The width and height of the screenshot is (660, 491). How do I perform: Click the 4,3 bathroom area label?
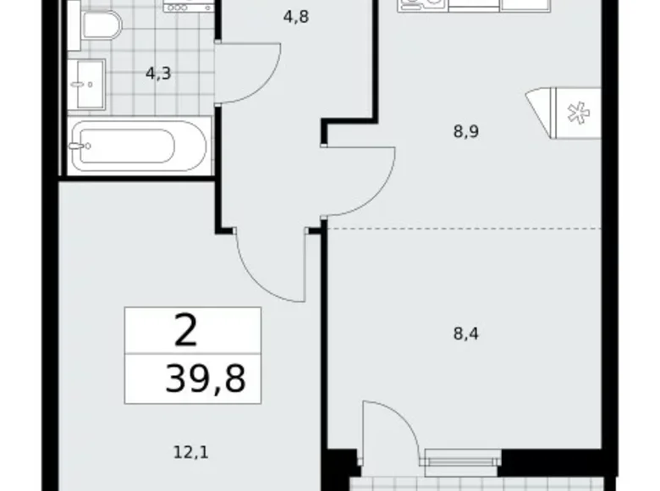[158, 73]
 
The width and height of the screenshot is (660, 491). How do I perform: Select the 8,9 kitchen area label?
[465, 131]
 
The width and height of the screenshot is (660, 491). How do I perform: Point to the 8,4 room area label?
[466, 333]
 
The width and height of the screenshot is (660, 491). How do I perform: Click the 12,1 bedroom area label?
[192, 452]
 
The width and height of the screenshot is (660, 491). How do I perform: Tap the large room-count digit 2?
[185, 330]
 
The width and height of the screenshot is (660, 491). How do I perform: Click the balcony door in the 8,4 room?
[389, 432]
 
